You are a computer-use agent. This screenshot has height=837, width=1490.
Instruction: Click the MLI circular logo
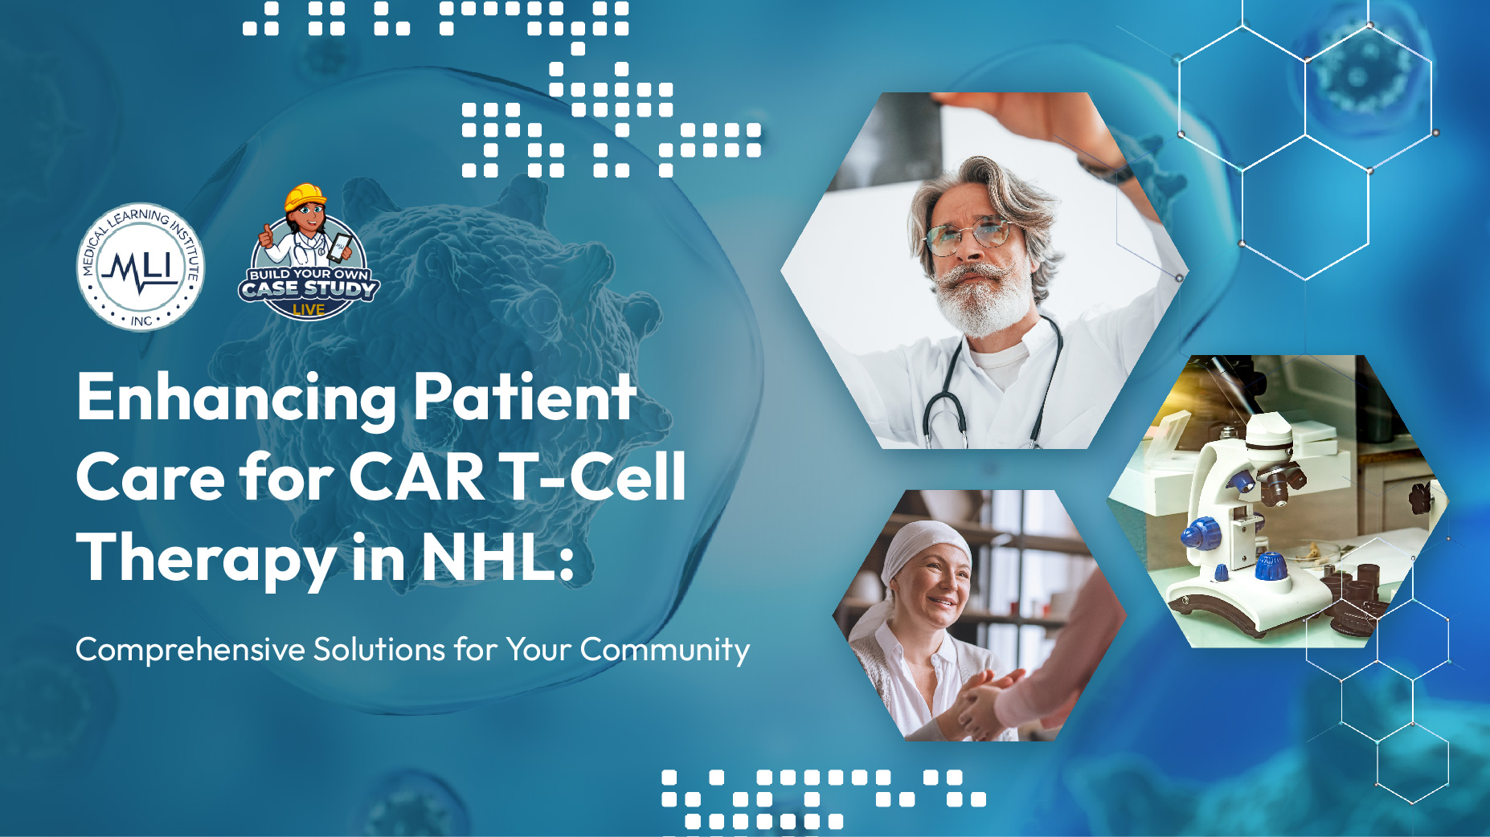(x=141, y=266)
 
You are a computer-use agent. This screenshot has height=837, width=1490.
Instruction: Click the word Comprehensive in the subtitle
(x=190, y=650)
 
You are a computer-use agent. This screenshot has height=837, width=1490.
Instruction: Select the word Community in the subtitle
(x=665, y=650)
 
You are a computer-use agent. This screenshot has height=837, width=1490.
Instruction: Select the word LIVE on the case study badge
(x=309, y=309)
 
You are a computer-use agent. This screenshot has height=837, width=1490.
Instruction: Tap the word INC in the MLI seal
(x=141, y=321)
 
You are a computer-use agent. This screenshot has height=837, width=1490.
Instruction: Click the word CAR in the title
(x=416, y=477)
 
